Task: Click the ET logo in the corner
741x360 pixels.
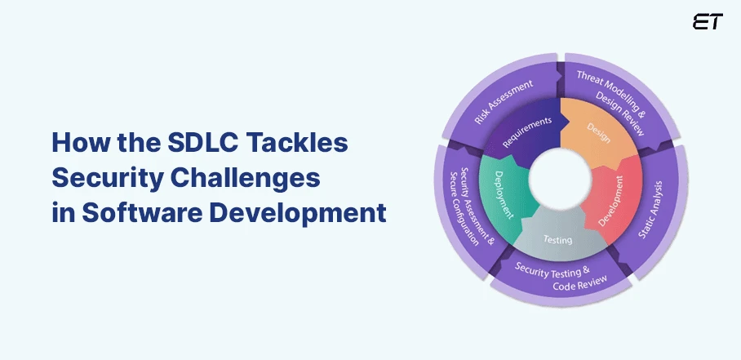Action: click(x=707, y=22)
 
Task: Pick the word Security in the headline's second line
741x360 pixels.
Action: click(x=106, y=178)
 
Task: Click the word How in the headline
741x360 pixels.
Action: click(x=78, y=143)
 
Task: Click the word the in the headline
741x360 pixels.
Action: click(x=134, y=143)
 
